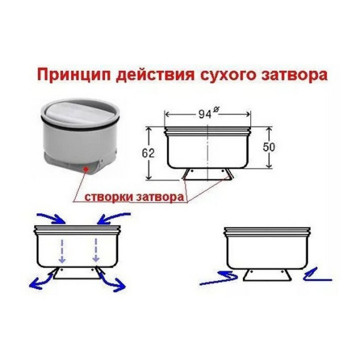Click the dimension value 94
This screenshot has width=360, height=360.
(x=205, y=114)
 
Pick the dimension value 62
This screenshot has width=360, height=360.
(x=148, y=154)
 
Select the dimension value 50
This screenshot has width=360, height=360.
(x=269, y=147)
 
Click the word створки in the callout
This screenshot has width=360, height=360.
(x=108, y=197)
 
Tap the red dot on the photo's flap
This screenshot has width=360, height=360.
(x=86, y=169)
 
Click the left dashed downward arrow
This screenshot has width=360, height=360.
(x=62, y=250)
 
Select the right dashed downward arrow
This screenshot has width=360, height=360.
(x=96, y=250)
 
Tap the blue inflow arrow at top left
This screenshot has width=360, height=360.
(x=52, y=217)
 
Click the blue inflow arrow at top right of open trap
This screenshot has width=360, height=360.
(x=113, y=217)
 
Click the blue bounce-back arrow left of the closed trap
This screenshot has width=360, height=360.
(x=219, y=278)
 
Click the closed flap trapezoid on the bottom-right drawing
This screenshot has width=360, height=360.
(x=268, y=275)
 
